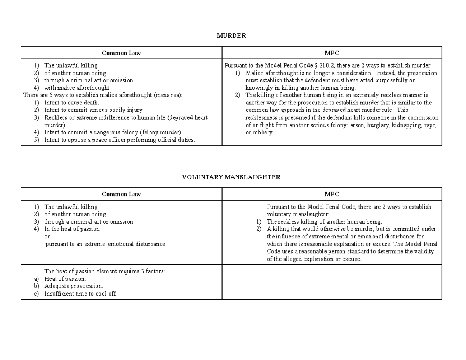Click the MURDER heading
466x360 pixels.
click(231, 36)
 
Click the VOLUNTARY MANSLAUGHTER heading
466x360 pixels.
click(231, 177)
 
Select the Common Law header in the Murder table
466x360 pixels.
click(121, 53)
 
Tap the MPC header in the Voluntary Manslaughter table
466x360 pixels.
click(332, 194)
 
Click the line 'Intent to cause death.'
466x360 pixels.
click(72, 103)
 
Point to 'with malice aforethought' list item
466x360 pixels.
click(77, 88)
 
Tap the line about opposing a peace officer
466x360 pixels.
click(119, 140)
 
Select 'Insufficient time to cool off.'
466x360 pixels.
click(80, 294)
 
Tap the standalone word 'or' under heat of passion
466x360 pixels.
click(47, 237)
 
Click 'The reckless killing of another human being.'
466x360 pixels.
click(324, 222)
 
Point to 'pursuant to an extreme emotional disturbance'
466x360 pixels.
click(105, 244)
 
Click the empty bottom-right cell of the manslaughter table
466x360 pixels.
click(332, 282)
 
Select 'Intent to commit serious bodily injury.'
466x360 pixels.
click(94, 110)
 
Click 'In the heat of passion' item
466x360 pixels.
click(72, 229)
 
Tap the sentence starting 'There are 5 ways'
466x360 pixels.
click(103, 95)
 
